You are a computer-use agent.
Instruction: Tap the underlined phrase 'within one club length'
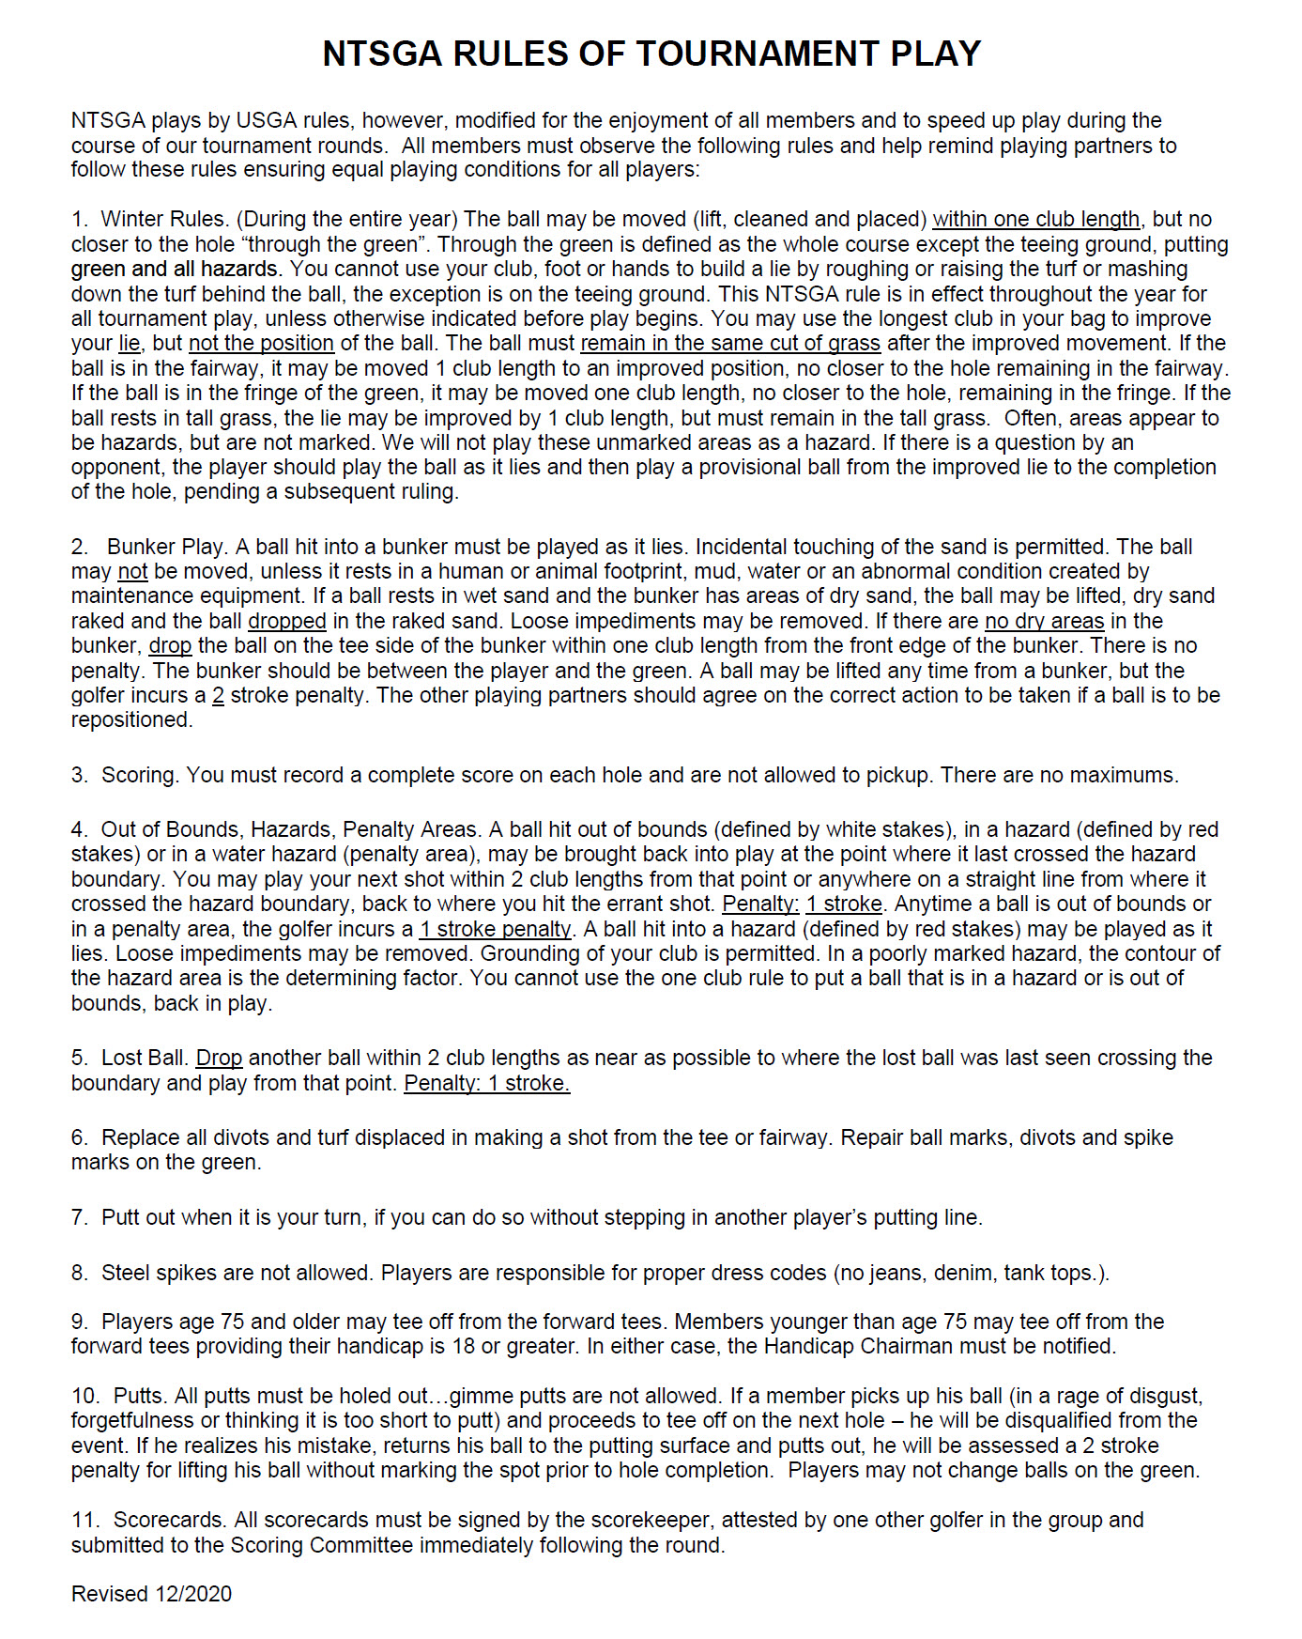click(1036, 219)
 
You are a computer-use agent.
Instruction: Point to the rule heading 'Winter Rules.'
click(164, 219)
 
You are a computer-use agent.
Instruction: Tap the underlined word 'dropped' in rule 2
click(287, 621)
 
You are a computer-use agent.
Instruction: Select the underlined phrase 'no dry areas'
click(1044, 621)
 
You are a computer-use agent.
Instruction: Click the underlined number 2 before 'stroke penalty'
click(218, 695)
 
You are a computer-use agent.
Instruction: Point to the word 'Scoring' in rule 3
click(141, 775)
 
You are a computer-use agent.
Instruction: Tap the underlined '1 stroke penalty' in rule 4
click(496, 929)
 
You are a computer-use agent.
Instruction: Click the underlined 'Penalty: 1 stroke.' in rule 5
click(486, 1083)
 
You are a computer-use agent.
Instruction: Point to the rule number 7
click(79, 1217)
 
